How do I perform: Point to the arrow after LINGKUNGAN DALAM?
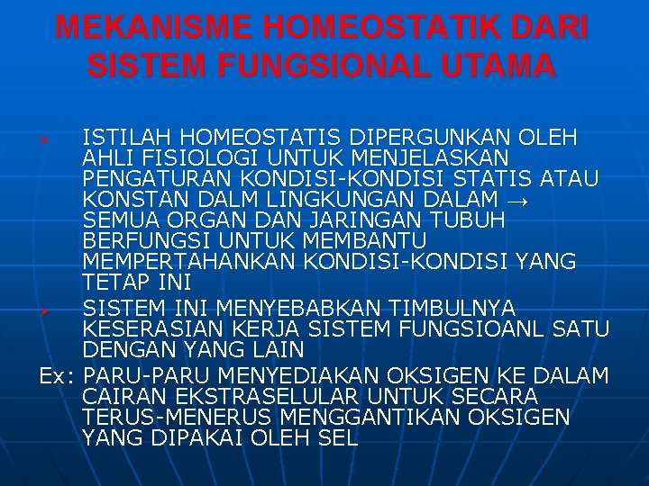(517, 198)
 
